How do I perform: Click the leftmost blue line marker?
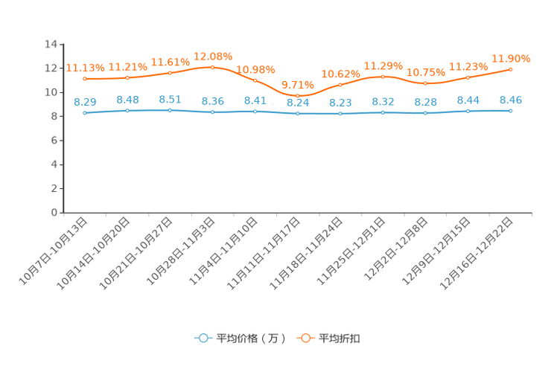[85, 113]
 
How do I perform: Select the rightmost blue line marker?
[510, 111]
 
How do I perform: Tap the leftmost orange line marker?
[85, 78]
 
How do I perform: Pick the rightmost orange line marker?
[510, 68]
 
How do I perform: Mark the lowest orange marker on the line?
[298, 96]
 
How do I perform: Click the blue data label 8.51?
[170, 99]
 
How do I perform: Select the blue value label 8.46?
[511, 100]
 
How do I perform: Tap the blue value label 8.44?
[468, 100]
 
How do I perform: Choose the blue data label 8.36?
[212, 102]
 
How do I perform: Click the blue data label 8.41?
[255, 101]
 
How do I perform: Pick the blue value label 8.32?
[383, 102]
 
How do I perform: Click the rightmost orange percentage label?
[511, 58]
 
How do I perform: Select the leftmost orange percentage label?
[84, 68]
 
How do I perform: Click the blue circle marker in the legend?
[203, 338]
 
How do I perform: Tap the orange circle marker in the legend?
[305, 338]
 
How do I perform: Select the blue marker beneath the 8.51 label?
[170, 110]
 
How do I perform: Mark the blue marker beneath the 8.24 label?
[298, 114]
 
